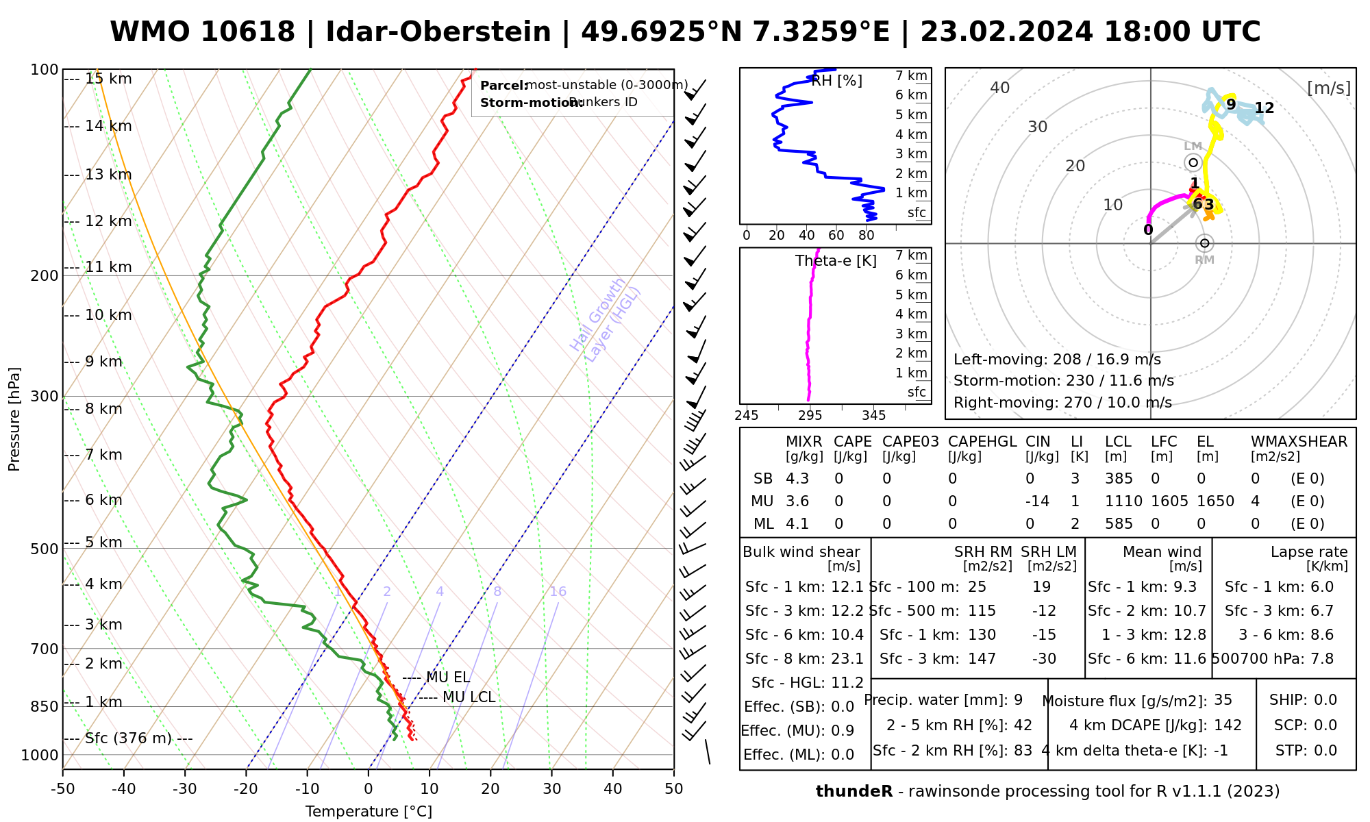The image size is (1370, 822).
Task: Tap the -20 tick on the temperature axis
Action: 246,789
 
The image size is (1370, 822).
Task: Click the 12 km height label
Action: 108,221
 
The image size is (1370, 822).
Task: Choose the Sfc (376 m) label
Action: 129,738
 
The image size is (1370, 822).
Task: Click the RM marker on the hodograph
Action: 1204,243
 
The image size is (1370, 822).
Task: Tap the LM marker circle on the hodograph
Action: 1193,162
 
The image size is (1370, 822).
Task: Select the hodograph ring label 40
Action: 1000,88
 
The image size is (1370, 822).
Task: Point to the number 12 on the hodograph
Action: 1265,108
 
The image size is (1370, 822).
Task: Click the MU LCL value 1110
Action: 1123,501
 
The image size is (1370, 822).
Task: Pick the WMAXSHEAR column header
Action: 1299,442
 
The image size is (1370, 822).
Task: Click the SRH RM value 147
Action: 982,659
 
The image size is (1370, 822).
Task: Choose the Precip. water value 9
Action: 1018,700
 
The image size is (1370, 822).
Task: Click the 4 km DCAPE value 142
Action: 1228,725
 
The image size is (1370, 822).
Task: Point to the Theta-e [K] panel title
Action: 836,261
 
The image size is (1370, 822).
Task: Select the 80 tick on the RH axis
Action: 867,236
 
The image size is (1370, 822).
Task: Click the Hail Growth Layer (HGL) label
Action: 606,320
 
